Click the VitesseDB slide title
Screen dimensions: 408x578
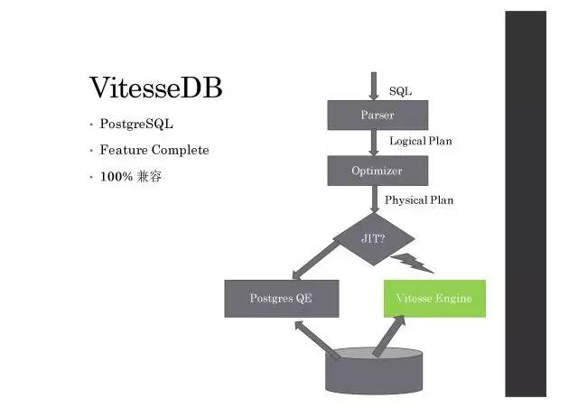pos(155,88)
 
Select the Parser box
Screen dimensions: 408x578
pos(377,115)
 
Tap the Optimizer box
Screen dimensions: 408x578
pos(377,170)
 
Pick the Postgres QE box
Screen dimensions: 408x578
pos(281,298)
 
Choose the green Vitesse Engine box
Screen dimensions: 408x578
pos(433,298)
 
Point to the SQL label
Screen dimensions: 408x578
pos(400,91)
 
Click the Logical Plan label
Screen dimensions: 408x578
pos(420,142)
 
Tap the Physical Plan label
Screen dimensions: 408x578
pos(419,199)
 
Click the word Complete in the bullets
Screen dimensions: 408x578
pos(180,150)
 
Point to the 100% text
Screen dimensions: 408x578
pos(116,176)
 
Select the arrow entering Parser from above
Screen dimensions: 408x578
pos(374,87)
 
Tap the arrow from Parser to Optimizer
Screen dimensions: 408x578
pos(374,143)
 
